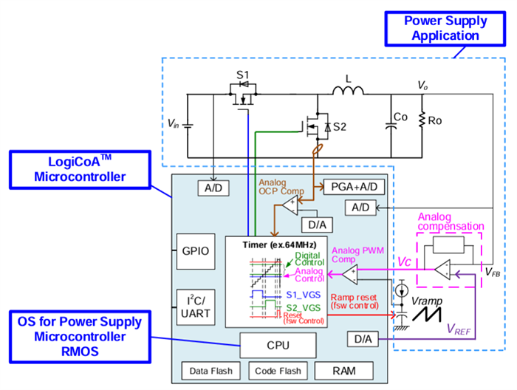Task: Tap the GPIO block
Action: coord(195,250)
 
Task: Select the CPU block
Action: coord(278,343)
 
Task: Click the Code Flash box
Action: coord(277,371)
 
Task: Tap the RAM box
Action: coord(343,371)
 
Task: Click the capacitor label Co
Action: coord(401,117)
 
